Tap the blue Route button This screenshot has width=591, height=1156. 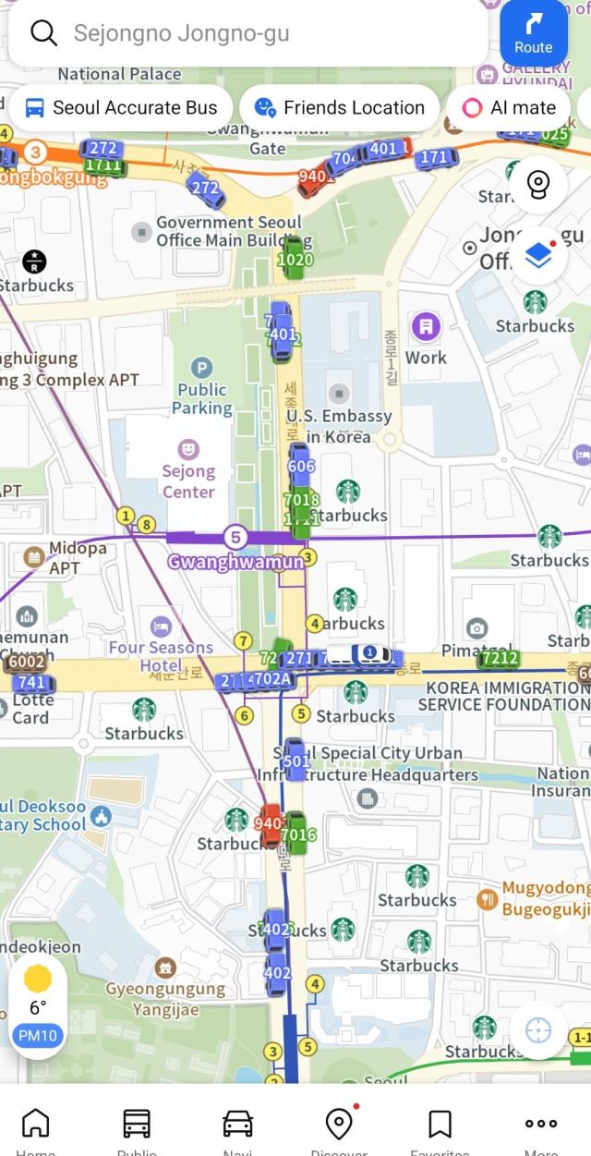point(533,33)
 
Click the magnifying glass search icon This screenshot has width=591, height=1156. point(43,33)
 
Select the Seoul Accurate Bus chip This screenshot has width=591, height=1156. point(120,108)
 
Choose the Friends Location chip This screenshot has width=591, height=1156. point(339,108)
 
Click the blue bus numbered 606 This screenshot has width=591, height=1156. point(301,466)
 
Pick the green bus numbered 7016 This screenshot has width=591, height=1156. point(297,834)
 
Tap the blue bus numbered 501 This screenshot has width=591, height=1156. point(295,761)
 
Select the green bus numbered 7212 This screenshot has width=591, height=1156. point(499,658)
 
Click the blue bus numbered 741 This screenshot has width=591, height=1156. point(30,683)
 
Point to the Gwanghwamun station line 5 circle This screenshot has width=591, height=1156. point(235,537)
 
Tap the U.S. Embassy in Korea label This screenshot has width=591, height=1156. point(338,426)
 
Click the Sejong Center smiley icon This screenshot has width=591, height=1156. point(188,449)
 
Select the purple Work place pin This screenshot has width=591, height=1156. point(425,326)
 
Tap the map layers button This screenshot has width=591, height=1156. point(537,255)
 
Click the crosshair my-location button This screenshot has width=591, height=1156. point(537,1030)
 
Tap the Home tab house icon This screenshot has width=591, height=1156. point(35,1124)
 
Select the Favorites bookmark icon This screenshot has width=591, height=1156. point(440,1124)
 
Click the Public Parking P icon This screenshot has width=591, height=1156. point(203,369)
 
